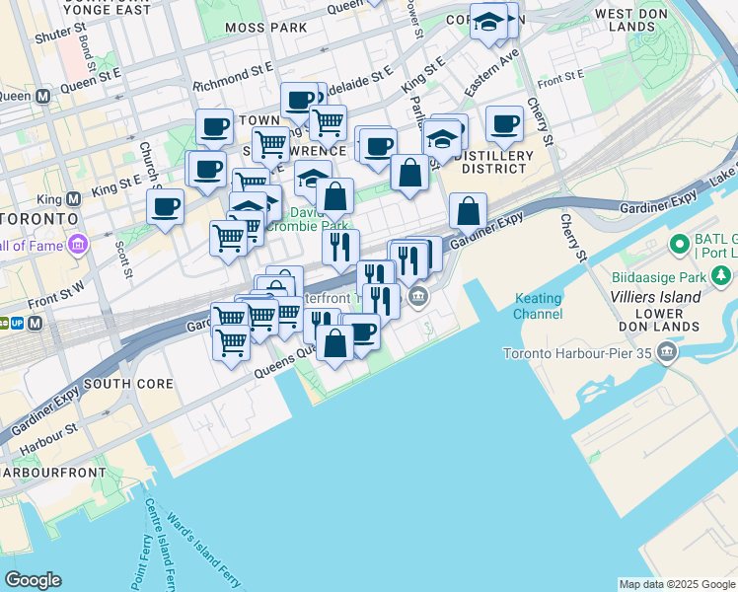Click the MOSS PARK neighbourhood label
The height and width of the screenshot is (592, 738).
coord(265,28)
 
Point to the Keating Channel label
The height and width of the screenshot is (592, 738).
coord(538,306)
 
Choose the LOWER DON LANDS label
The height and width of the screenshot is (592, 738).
coord(667,327)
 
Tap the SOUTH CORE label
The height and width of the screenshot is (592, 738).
coord(128,383)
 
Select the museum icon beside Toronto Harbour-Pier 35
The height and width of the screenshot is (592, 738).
coord(668,352)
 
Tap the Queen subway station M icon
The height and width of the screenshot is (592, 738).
coord(42,97)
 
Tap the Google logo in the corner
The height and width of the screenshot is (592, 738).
coord(33,580)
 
